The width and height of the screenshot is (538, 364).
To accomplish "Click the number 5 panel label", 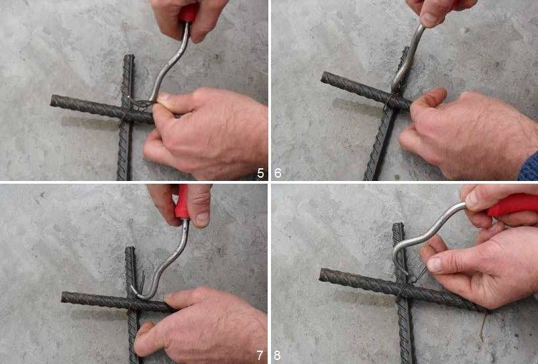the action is pyautogui.click(x=260, y=173).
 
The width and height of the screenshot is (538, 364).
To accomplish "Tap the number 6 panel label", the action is pyautogui.click(x=278, y=173).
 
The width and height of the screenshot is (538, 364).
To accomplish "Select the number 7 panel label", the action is pyautogui.click(x=260, y=355).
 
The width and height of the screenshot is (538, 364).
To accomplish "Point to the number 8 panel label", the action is pyautogui.click(x=277, y=355).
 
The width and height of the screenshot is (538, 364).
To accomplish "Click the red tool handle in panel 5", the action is pyautogui.click(x=189, y=13).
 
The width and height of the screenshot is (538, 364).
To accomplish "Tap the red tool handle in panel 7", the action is pyautogui.click(x=182, y=202).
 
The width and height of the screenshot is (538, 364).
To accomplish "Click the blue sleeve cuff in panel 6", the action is pyautogui.click(x=529, y=167).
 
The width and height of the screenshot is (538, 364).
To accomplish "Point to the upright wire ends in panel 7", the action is pyautogui.click(x=142, y=282).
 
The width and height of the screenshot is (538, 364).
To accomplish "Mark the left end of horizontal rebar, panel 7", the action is pyautogui.click(x=64, y=297).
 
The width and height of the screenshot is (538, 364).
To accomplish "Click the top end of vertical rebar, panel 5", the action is pyautogui.click(x=129, y=56).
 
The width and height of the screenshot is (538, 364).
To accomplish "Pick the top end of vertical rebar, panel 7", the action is pyautogui.click(x=130, y=249).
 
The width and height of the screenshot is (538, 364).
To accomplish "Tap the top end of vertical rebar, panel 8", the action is pyautogui.click(x=398, y=225).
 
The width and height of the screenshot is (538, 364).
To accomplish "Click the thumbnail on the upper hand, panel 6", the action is pyautogui.click(x=429, y=19).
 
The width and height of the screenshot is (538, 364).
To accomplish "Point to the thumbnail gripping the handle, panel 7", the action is pyautogui.click(x=203, y=219).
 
